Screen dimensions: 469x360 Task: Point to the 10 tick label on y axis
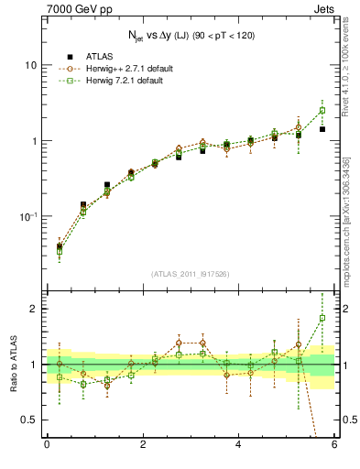pyautogui.click(x=29, y=66)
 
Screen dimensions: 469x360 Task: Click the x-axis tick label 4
pyautogui.click(x=239, y=445)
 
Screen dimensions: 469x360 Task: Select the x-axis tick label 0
pyautogui.click(x=47, y=445)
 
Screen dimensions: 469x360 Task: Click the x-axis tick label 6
pyautogui.click(x=334, y=445)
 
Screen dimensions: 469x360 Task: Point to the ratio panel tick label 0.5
pyautogui.click(x=30, y=420)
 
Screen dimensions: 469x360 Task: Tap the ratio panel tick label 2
pyautogui.click(x=35, y=309)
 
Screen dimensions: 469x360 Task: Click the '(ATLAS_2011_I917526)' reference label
pyautogui.click(x=191, y=274)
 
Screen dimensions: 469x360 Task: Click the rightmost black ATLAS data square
pyautogui.click(x=322, y=129)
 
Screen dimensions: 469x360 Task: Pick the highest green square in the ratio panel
pyautogui.click(x=322, y=318)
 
